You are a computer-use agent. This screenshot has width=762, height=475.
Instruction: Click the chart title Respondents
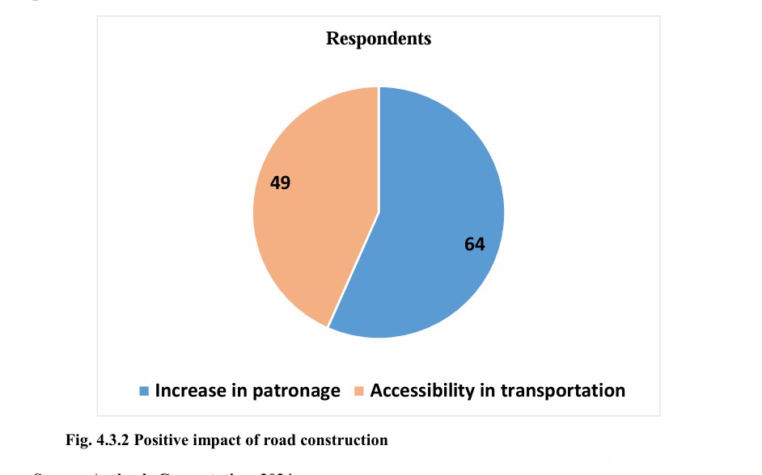coord(379,38)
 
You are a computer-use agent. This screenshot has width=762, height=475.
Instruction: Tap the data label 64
coord(475,243)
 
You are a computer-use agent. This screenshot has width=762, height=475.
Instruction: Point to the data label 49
coord(281,183)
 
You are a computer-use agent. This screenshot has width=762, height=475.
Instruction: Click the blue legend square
coord(144,391)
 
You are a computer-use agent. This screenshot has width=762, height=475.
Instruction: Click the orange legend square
coord(359,391)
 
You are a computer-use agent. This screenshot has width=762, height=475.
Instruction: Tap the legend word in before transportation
coord(486,390)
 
